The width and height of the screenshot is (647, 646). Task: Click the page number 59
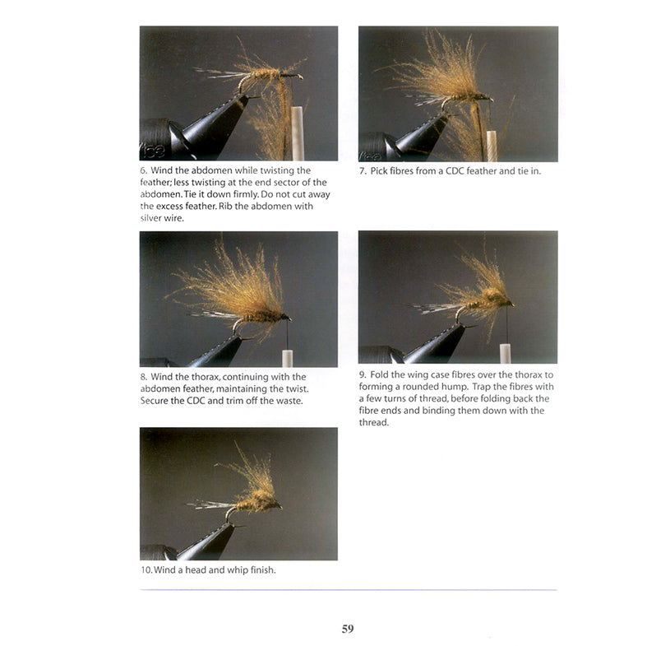pyautogui.click(x=347, y=629)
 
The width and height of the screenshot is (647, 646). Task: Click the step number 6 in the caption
pyautogui.click(x=143, y=170)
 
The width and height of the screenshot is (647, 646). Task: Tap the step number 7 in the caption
pyautogui.click(x=362, y=171)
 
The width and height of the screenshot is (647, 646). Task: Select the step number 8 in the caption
pyautogui.click(x=143, y=377)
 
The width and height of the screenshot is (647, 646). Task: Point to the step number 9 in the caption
pyautogui.click(x=363, y=374)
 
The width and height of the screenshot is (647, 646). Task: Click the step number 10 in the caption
pyautogui.click(x=146, y=570)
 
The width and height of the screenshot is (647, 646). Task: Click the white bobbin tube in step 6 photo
pyautogui.click(x=298, y=136)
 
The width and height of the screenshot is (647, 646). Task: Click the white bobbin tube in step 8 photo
pyautogui.click(x=288, y=358)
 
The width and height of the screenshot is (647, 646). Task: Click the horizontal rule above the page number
pyautogui.click(x=348, y=590)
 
